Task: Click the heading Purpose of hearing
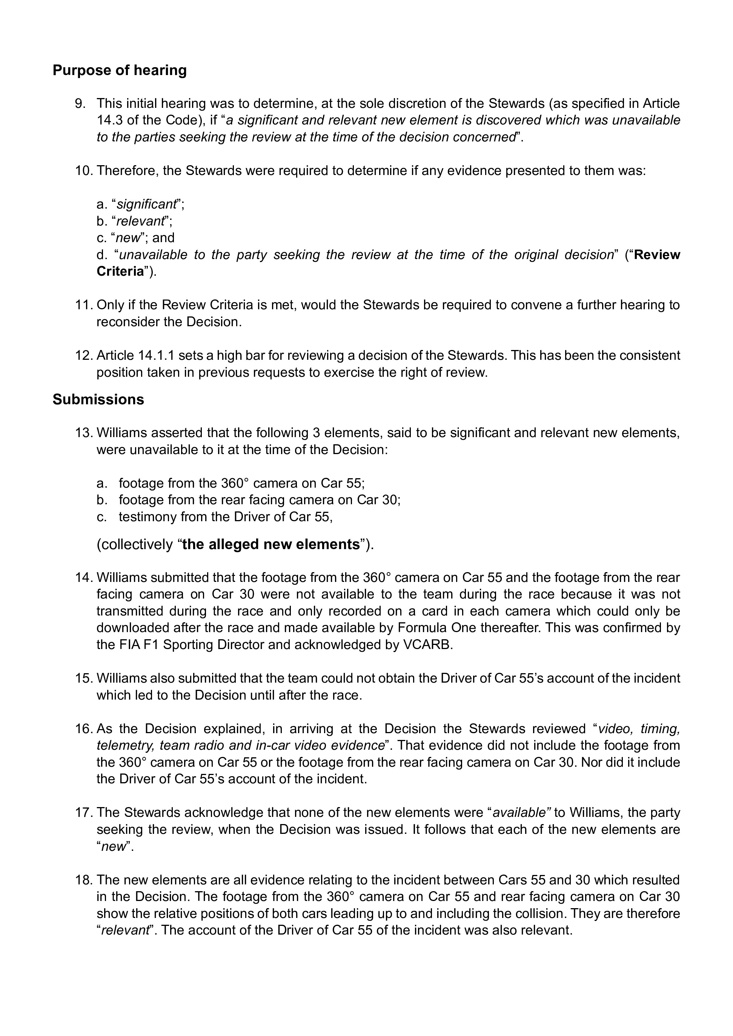pyautogui.click(x=120, y=71)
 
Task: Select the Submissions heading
pyautogui.click(x=98, y=399)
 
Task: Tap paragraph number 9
pyautogui.click(x=80, y=104)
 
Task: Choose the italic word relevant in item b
pyautogui.click(x=140, y=221)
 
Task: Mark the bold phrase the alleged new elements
pyautogui.click(x=271, y=545)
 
